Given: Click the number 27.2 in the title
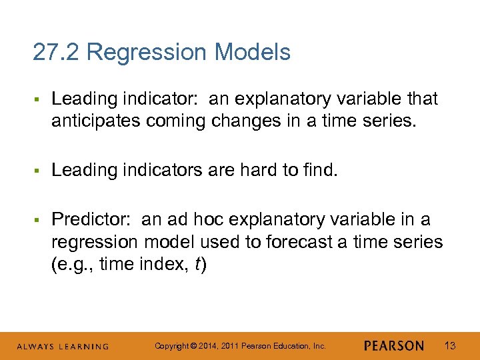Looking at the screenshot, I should point(56,52).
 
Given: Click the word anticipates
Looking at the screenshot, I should point(97,122).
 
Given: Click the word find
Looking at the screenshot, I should point(321,170).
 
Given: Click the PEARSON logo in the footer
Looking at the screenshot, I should point(394,346).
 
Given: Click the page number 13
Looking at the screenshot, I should point(450,345).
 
